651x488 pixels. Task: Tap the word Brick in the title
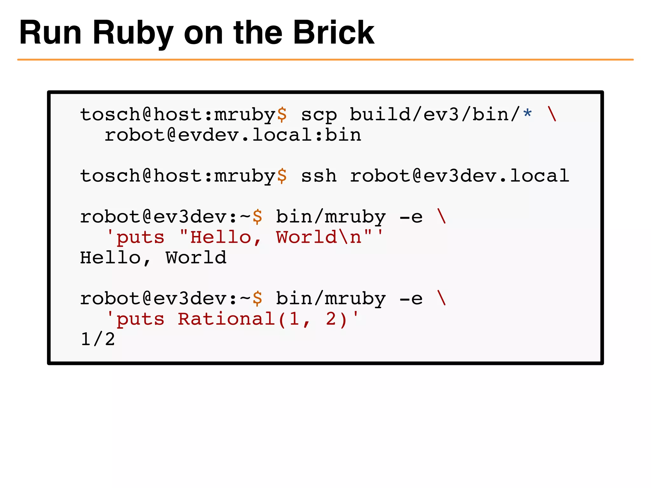[333, 33]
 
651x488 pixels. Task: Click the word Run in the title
[51, 33]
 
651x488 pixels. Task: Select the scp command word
[319, 115]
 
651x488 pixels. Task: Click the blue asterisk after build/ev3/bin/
[527, 113]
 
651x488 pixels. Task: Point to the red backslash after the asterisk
[552, 114]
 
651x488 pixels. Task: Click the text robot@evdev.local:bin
[233, 135]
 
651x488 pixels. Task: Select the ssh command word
[319, 176]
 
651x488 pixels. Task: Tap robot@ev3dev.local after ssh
[459, 176]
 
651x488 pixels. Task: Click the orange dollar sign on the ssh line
[282, 176]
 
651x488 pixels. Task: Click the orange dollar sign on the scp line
[282, 115]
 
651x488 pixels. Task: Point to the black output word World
[196, 258]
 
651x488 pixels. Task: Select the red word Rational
[226, 319]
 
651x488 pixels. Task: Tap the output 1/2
[98, 340]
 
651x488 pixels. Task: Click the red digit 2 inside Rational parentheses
[331, 319]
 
